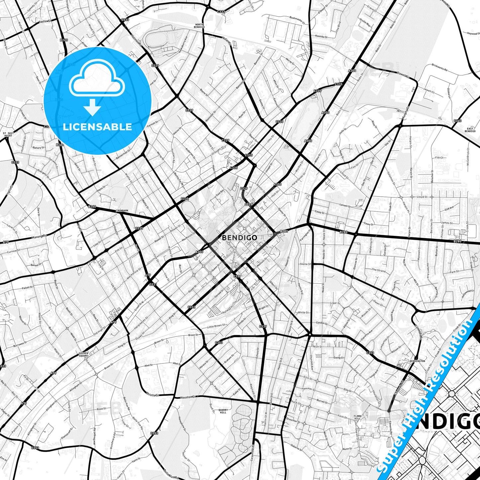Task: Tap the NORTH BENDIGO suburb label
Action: pos(199,26)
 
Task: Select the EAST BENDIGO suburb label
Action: pos(470,130)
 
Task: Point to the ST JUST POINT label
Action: pos(8,134)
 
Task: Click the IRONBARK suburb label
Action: pos(122,211)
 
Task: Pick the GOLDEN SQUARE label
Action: pos(83,354)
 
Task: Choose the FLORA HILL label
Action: pos(357,417)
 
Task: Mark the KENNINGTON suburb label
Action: pos(417,361)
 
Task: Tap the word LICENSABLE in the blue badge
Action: pos(97,127)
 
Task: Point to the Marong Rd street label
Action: pos(40,237)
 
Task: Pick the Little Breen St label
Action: pos(216,326)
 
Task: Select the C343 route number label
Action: pos(457,121)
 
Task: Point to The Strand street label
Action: pos(379,270)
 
